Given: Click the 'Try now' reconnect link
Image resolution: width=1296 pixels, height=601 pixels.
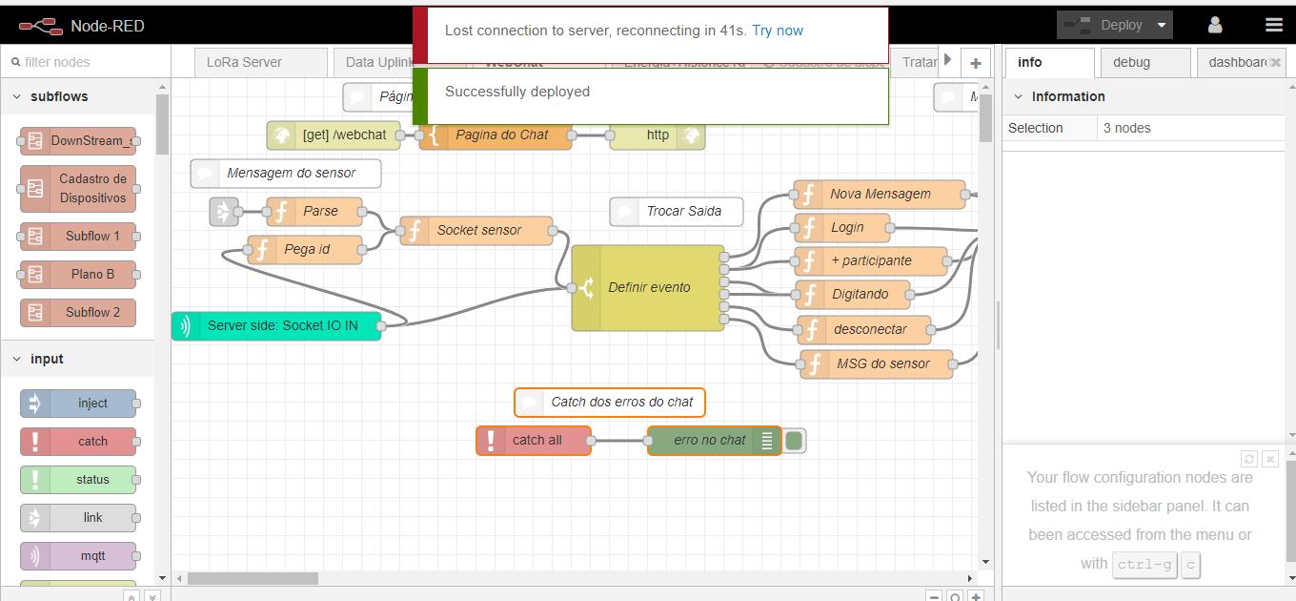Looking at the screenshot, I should click(x=777, y=31).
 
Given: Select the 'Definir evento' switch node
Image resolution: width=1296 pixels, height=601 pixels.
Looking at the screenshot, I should click(x=648, y=287).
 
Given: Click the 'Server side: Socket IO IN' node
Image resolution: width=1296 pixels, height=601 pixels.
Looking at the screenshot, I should click(x=281, y=325).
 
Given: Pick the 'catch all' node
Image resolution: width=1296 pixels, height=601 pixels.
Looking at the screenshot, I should click(x=536, y=440).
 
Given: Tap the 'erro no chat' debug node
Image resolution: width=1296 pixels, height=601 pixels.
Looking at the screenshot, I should click(x=709, y=440).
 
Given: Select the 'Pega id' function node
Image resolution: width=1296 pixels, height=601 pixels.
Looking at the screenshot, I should click(x=306, y=249).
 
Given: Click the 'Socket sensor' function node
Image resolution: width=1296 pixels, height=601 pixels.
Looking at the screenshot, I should click(x=477, y=230).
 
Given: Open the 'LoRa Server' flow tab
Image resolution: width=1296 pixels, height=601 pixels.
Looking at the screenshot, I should click(x=244, y=62).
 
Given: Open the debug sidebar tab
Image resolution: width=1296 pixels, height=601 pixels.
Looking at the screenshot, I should click(x=1131, y=62).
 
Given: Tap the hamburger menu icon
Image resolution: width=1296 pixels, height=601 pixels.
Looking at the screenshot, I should click(x=1273, y=25).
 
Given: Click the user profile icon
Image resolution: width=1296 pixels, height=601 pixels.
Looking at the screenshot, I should click(x=1215, y=25).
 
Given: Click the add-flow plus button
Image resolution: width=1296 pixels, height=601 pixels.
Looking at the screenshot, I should click(x=975, y=63).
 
